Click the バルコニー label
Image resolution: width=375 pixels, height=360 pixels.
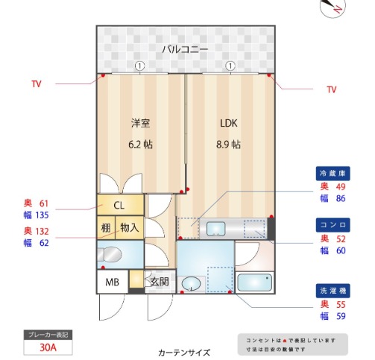pyautogui.click(x=186, y=50)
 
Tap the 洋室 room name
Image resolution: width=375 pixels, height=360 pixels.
pyautogui.click(x=140, y=123)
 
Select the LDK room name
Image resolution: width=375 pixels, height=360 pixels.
pyautogui.click(x=228, y=123)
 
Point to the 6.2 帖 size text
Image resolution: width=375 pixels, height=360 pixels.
pyautogui.click(x=140, y=145)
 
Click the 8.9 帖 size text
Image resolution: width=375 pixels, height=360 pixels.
pyautogui.click(x=228, y=145)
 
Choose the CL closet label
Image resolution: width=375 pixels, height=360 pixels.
pyautogui.click(x=119, y=205)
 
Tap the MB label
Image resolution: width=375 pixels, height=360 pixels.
pyautogui.click(x=112, y=282)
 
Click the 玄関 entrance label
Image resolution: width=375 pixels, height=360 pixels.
pyautogui.click(x=159, y=282)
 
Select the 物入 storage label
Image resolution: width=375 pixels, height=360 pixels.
pyautogui.click(x=130, y=227)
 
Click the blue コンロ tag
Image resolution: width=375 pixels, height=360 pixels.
pyautogui.click(x=332, y=224)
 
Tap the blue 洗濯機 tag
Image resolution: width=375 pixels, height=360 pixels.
pyautogui.click(x=332, y=289)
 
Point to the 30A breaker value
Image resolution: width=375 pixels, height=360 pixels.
pyautogui.click(x=48, y=347)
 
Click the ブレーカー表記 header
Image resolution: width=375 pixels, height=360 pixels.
pyautogui.click(x=48, y=335)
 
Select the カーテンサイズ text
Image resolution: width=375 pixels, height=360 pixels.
pyautogui.click(x=184, y=353)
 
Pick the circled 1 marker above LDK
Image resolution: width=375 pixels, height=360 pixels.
pyautogui.click(x=230, y=66)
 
